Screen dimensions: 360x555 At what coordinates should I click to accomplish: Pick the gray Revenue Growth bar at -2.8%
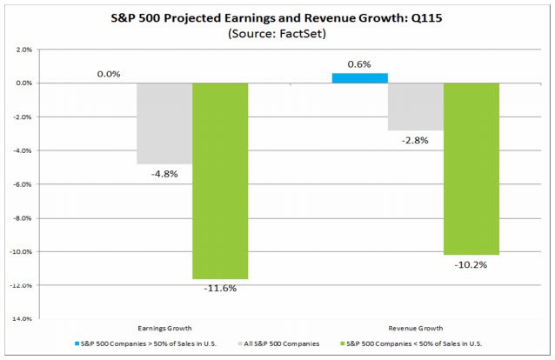(x=416, y=106)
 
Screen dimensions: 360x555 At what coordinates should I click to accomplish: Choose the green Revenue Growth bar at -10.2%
(x=471, y=169)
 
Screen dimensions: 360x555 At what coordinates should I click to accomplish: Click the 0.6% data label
(x=361, y=63)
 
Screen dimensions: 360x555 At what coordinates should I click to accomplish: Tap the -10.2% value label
(x=471, y=263)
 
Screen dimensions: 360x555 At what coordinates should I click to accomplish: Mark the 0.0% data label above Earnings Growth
(x=108, y=74)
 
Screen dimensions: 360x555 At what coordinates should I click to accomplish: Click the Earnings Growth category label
(x=164, y=329)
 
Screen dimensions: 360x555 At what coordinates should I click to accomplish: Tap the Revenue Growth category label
(x=416, y=329)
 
